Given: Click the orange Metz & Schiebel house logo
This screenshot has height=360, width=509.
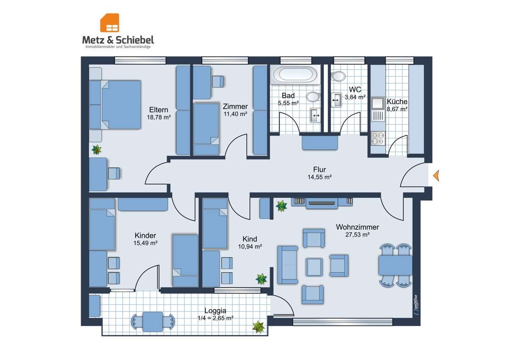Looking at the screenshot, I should tap(109, 23).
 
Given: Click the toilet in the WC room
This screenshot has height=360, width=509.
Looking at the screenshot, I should tap(338, 76).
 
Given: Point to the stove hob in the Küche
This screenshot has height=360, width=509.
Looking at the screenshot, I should tap(378, 138).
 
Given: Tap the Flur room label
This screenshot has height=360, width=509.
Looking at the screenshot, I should tap(320, 170).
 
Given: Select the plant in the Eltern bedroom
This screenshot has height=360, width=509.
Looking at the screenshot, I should tap(97, 149).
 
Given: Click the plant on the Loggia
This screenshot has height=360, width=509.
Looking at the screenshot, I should tap(258, 327).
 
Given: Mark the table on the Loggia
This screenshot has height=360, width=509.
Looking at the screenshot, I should tap(153, 321).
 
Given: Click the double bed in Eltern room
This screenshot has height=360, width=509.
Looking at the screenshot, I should tap(115, 104).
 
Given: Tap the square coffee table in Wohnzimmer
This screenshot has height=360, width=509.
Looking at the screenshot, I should tap(314, 267).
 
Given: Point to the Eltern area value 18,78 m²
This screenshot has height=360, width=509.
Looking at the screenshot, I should tap(158, 117).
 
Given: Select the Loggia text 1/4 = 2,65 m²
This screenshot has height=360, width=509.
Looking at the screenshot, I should tap(215, 318).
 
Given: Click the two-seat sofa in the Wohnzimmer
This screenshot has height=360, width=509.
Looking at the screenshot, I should tap(287, 264).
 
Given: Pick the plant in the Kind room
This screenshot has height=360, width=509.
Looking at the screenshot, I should tap(261, 278).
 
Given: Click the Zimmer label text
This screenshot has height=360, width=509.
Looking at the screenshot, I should tap(235, 107).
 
